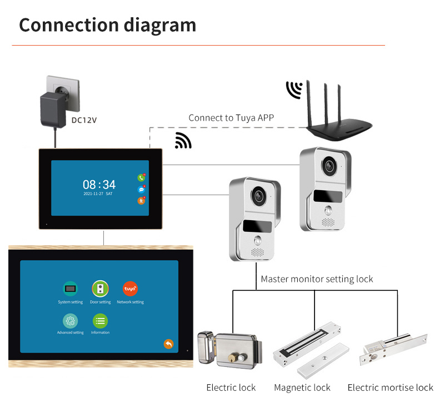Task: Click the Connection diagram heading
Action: tap(107, 25)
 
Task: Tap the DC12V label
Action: tap(84, 119)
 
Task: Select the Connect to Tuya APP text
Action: tap(231, 118)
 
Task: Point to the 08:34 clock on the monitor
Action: tap(99, 185)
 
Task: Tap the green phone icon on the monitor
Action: tap(141, 178)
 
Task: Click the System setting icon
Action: tap(70, 289)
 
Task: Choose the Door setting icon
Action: tap(100, 289)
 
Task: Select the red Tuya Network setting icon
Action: tap(130, 289)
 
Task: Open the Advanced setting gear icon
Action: tap(70, 321)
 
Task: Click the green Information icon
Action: tap(100, 321)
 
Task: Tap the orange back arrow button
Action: tap(168, 344)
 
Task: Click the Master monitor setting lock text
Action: tap(317, 279)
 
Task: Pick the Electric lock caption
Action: tap(231, 388)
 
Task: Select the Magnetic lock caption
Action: tap(302, 388)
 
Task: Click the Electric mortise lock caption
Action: tap(390, 388)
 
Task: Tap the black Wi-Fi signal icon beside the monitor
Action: tap(183, 141)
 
